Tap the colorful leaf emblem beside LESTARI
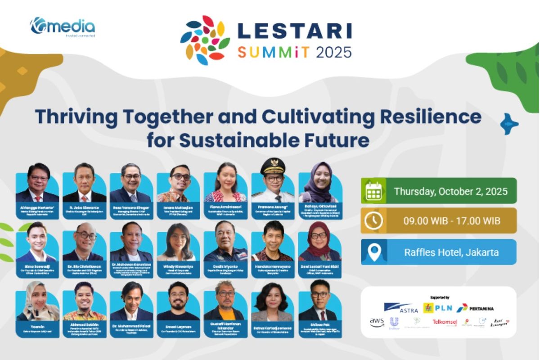click(x=205, y=40)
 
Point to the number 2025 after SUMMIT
click(x=333, y=52)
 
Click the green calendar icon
click(x=373, y=191)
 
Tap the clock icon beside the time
click(x=373, y=220)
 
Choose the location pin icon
click(x=373, y=252)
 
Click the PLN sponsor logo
click(x=437, y=308)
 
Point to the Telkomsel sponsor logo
click(x=445, y=322)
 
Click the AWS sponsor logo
click(x=377, y=322)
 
